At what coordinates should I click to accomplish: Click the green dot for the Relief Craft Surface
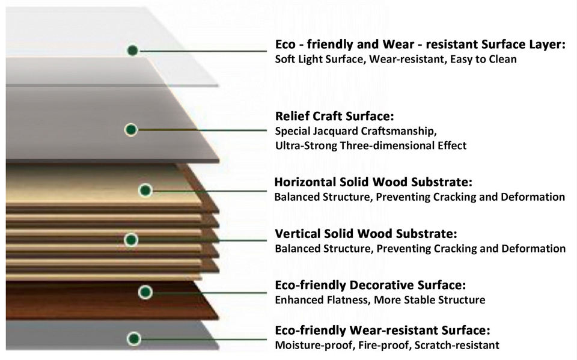(132, 129)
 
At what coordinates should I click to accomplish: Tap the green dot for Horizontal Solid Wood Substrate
(145, 191)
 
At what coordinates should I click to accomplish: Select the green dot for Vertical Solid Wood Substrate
(131, 240)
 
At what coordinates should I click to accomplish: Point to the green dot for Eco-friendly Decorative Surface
(145, 293)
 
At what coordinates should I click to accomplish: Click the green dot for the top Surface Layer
(133, 50)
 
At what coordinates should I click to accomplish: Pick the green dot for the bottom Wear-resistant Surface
(134, 338)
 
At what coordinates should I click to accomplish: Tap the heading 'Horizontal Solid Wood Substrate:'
(373, 182)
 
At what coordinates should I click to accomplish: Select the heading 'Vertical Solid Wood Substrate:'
(365, 233)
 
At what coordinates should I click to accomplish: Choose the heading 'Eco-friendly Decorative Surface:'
(370, 285)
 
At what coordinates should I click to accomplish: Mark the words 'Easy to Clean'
(485, 59)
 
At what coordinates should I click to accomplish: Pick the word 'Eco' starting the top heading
(285, 44)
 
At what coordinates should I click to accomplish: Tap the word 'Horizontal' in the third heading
(305, 182)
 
